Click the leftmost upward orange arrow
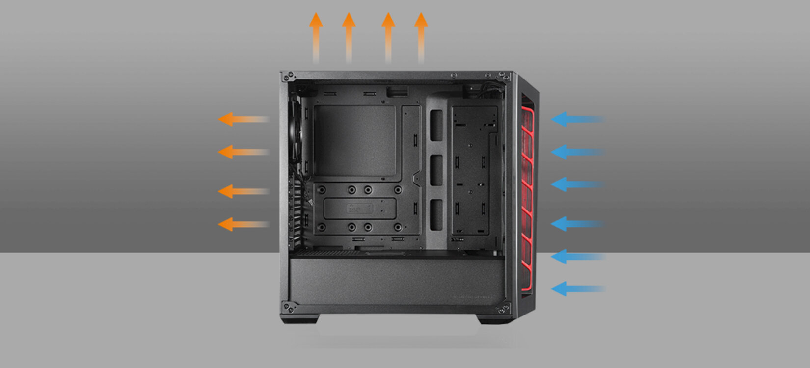[x=316, y=37]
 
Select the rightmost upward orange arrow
[x=421, y=37]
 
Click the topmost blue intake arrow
[x=576, y=119]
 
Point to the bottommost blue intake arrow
[x=576, y=289]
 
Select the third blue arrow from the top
[x=576, y=184]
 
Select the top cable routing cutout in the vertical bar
[x=436, y=126]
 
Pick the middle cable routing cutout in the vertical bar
[x=436, y=170]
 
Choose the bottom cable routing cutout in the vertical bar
[x=436, y=214]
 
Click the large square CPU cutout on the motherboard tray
[x=354, y=140]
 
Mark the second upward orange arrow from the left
[x=349, y=37]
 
